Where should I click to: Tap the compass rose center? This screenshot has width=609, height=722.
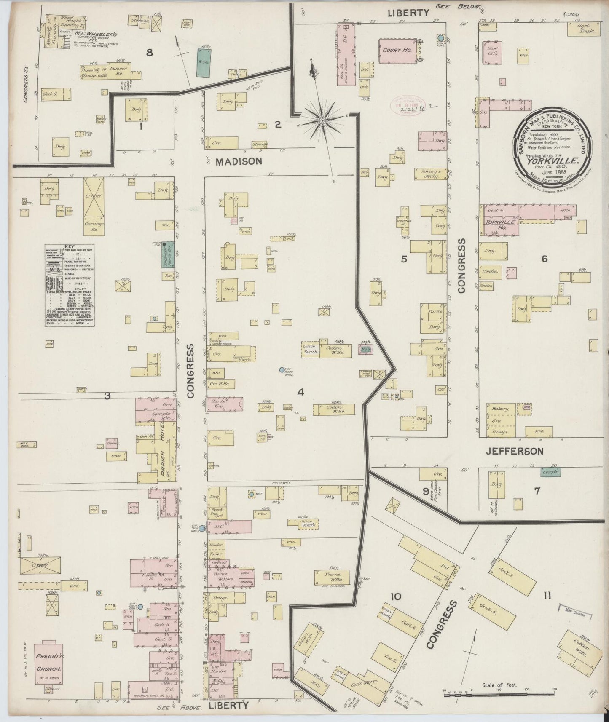click(322, 120)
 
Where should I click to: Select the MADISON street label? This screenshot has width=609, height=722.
click(240, 161)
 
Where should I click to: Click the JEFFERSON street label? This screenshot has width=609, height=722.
click(515, 452)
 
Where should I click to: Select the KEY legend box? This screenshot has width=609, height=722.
click(70, 285)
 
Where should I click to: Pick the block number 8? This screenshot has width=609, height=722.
click(148, 53)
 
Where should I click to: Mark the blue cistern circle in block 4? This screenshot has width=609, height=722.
click(282, 370)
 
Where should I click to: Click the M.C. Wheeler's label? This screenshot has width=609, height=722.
click(96, 34)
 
